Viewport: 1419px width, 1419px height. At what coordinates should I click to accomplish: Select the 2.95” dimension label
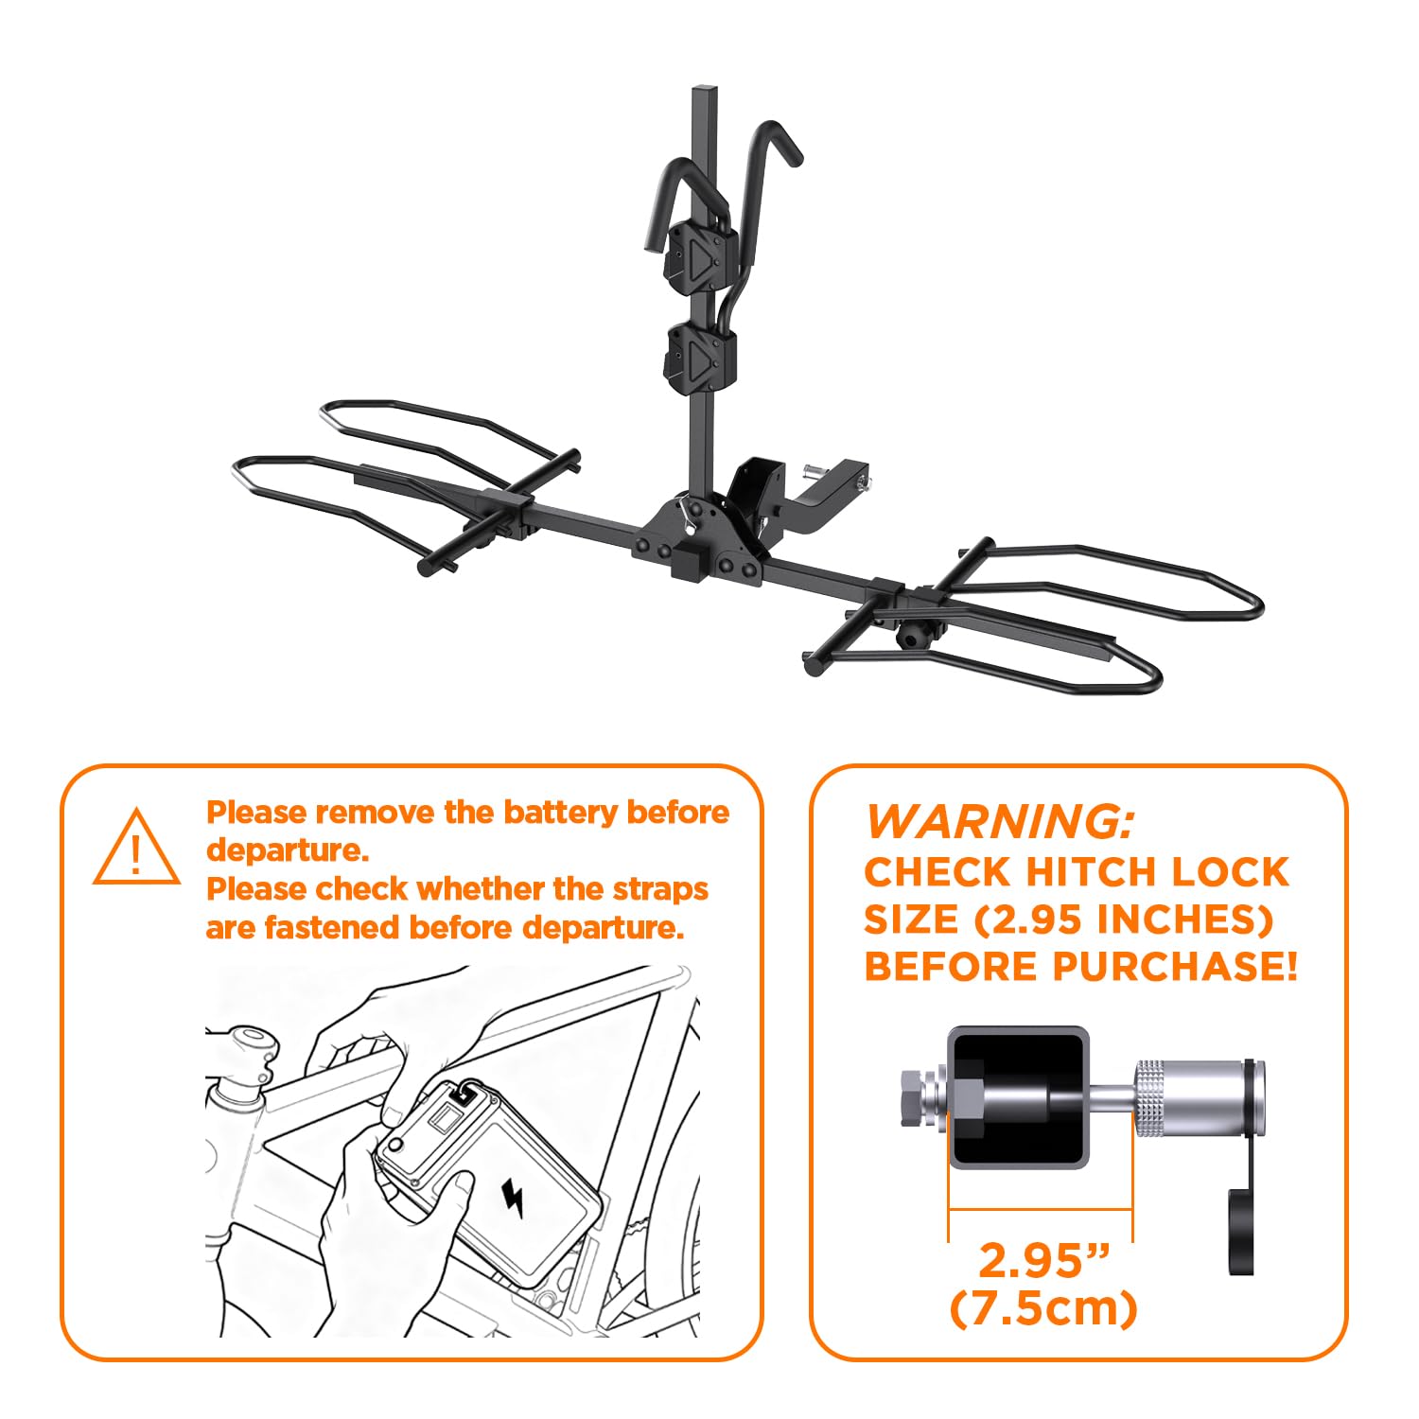point(1042,1260)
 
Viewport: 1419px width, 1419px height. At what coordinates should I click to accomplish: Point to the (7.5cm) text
point(1042,1309)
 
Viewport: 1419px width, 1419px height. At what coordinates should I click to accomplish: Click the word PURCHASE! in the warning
point(1175,966)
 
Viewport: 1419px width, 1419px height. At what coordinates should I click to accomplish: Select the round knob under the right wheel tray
point(914,636)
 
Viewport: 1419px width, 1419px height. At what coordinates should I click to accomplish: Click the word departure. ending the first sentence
point(287,850)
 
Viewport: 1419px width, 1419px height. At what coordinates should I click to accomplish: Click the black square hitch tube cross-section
point(1018,1097)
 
